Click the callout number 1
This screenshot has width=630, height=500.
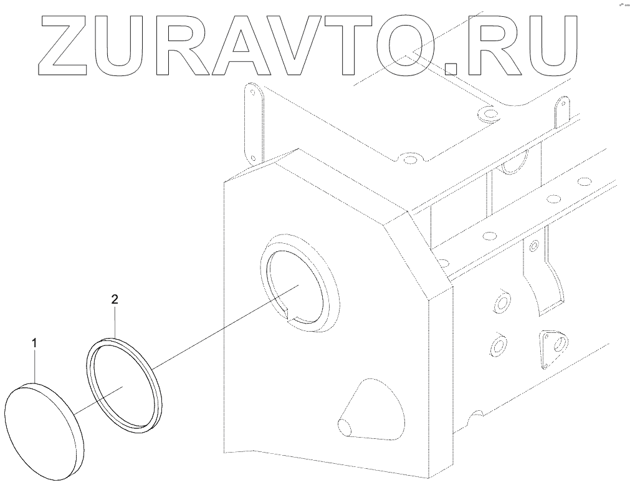click(x=35, y=343)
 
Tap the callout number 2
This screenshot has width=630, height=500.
click(x=115, y=299)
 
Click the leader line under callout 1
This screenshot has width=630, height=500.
click(x=36, y=368)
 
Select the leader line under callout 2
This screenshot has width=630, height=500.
click(x=115, y=322)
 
